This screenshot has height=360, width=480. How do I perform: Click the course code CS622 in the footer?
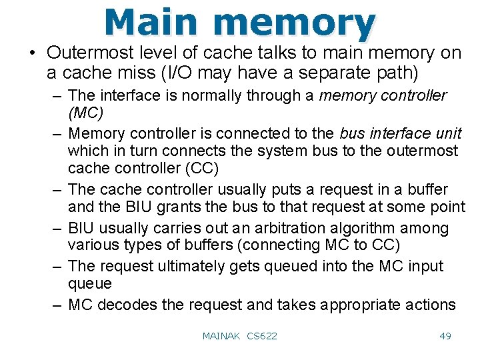pyautogui.click(x=262, y=336)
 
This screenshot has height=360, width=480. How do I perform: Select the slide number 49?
pyautogui.click(x=445, y=336)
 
